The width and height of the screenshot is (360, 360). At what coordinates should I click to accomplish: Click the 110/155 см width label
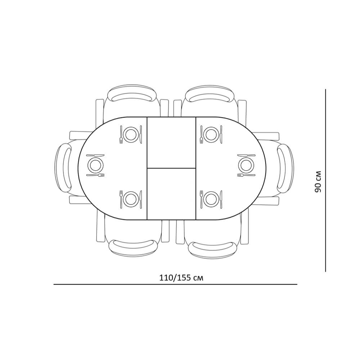[181, 278]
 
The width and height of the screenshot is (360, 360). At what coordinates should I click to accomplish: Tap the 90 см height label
[318, 182]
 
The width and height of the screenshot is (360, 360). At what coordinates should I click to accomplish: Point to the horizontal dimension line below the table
[175, 284]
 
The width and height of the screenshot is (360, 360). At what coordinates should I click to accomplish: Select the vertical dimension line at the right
[325, 180]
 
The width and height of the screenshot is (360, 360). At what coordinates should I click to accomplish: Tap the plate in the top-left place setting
[131, 135]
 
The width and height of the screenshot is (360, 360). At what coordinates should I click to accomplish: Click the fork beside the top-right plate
[201, 135]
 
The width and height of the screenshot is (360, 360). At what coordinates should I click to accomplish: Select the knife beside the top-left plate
[141, 135]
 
